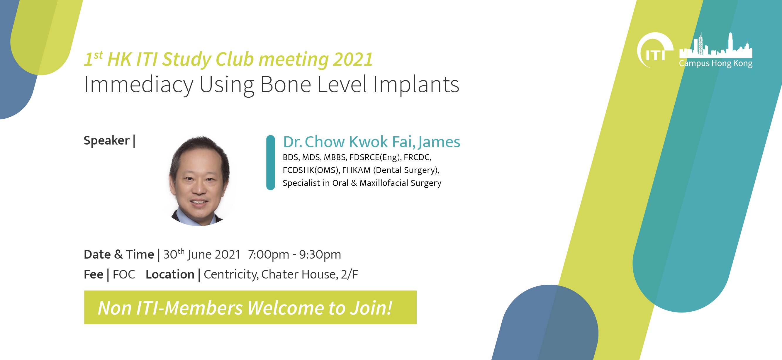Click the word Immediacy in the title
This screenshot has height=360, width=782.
tap(138, 85)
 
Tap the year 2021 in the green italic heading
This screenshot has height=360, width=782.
tap(353, 59)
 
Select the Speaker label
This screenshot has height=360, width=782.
tap(106, 140)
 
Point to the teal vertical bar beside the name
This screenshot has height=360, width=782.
tap(270, 162)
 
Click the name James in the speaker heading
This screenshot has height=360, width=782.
tap(439, 142)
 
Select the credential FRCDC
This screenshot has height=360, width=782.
tap(418, 157)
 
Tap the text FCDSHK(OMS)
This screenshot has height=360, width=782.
tap(311, 170)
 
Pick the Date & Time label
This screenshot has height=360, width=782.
tap(119, 254)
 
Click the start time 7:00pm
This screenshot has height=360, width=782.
tap(268, 254)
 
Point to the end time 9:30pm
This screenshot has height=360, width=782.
tap(320, 254)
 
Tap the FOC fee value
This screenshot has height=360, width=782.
tap(124, 274)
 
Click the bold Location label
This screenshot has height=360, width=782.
tap(170, 274)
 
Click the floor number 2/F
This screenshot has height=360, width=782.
tap(350, 274)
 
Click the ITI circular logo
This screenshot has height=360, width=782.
tap(654, 50)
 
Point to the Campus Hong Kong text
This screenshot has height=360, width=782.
tap(715, 63)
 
